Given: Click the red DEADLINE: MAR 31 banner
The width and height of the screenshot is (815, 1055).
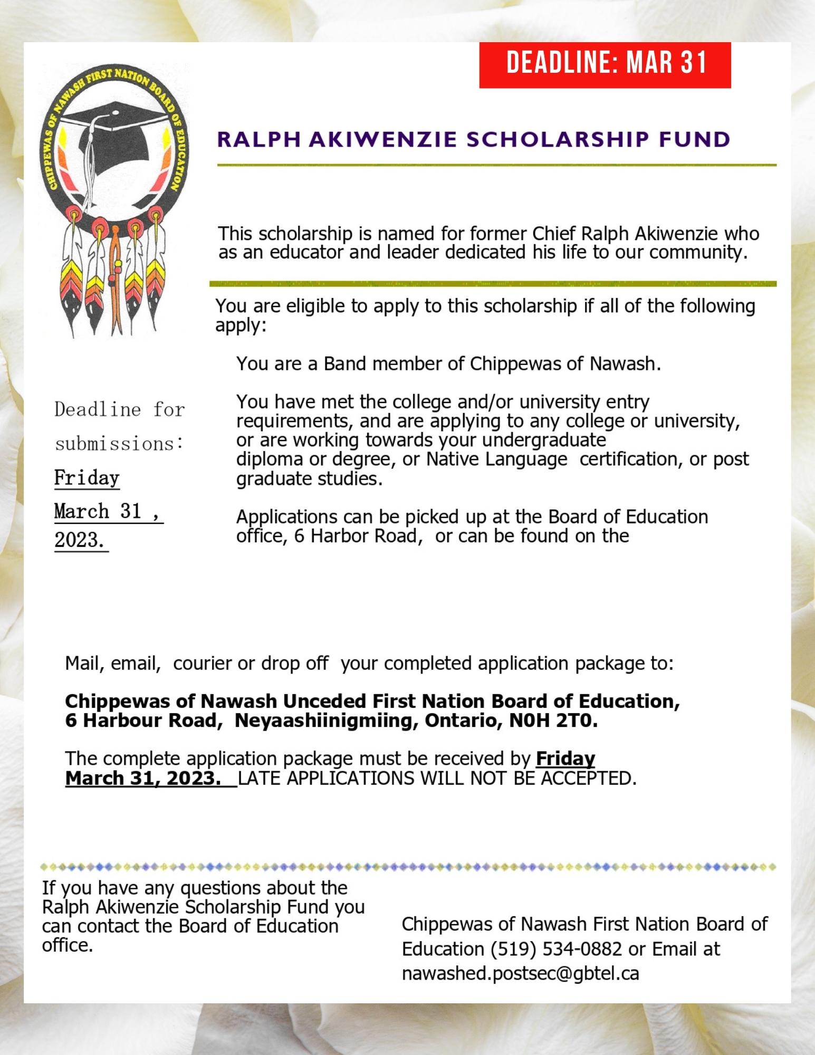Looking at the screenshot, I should point(605,64).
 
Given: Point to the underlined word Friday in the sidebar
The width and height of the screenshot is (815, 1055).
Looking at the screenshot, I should point(87,478).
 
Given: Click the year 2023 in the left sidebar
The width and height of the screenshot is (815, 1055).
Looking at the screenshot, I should point(79,540).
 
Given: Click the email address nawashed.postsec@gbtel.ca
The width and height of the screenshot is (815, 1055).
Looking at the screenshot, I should point(520,973).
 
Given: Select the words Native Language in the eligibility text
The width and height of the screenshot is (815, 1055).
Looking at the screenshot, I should point(496,459).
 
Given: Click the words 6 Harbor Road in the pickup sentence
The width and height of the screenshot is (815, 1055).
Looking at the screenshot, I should point(355,536).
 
